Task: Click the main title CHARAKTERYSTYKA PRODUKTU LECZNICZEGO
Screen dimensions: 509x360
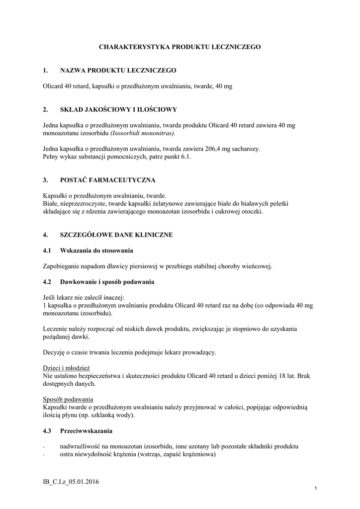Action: (x=180, y=47)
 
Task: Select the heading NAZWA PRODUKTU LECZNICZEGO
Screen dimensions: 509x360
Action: (x=118, y=71)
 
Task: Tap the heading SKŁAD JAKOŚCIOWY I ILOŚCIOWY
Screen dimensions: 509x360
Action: (x=118, y=109)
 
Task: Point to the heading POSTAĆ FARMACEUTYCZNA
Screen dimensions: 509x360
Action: (x=107, y=179)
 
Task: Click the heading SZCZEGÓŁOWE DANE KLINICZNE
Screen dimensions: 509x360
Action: (x=116, y=235)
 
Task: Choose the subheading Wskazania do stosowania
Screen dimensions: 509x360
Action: (x=96, y=250)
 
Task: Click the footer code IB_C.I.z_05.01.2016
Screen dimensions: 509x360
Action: (x=71, y=482)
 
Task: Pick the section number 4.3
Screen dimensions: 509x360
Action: (x=47, y=429)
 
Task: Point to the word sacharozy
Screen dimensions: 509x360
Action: (x=246, y=149)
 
